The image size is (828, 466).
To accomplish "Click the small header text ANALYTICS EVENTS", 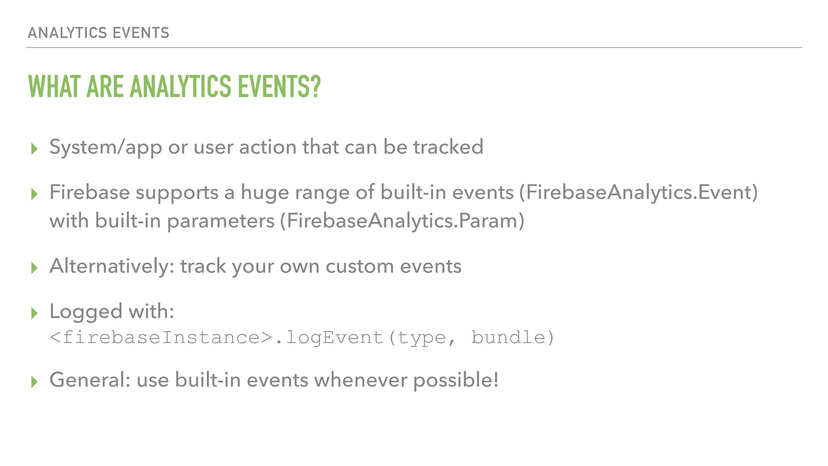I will (x=98, y=33).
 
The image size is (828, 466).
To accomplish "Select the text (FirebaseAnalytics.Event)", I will (x=638, y=192).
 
